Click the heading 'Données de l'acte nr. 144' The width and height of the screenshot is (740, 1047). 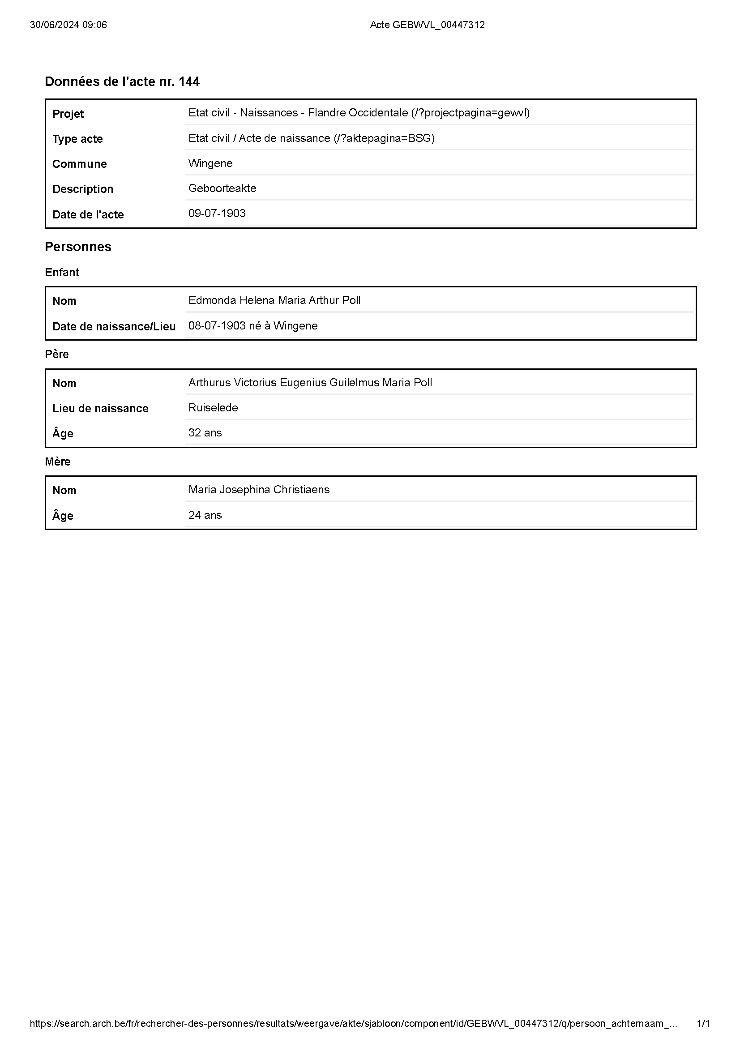tap(122, 81)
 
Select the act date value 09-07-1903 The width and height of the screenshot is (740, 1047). tap(217, 214)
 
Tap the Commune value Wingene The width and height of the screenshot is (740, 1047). tap(210, 163)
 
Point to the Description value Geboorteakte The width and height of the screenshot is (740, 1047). tap(222, 188)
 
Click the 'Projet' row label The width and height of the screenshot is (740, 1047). tap(68, 114)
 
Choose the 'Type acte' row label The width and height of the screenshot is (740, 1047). tap(77, 139)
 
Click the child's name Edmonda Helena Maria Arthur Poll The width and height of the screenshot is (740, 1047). tap(274, 300)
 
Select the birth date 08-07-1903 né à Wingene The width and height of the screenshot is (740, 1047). tap(252, 326)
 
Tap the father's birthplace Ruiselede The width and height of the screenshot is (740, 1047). tap(213, 408)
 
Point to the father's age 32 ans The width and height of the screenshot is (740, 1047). tap(205, 433)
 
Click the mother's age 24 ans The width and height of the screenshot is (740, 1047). tap(205, 515)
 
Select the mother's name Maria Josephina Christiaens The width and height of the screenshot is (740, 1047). tap(258, 490)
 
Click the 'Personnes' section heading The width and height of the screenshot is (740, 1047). tap(78, 247)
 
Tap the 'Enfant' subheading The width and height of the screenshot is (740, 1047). tap(62, 273)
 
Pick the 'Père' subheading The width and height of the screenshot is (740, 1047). tap(56, 355)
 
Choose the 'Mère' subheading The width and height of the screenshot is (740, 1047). tap(57, 462)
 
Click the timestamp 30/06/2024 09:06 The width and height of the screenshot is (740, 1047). tap(68, 25)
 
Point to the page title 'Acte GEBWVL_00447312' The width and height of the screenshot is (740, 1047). tap(427, 25)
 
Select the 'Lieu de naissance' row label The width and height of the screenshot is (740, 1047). tap(100, 409)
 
